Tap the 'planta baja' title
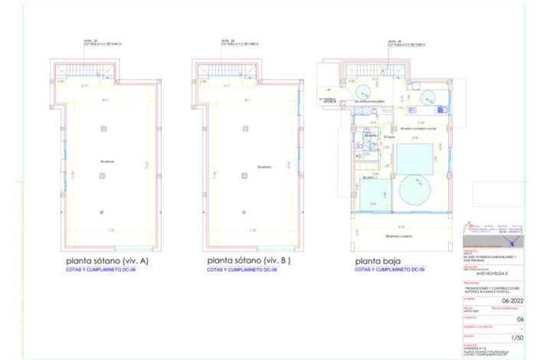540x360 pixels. click(x=375, y=261)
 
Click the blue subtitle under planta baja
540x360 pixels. click(x=389, y=270)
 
